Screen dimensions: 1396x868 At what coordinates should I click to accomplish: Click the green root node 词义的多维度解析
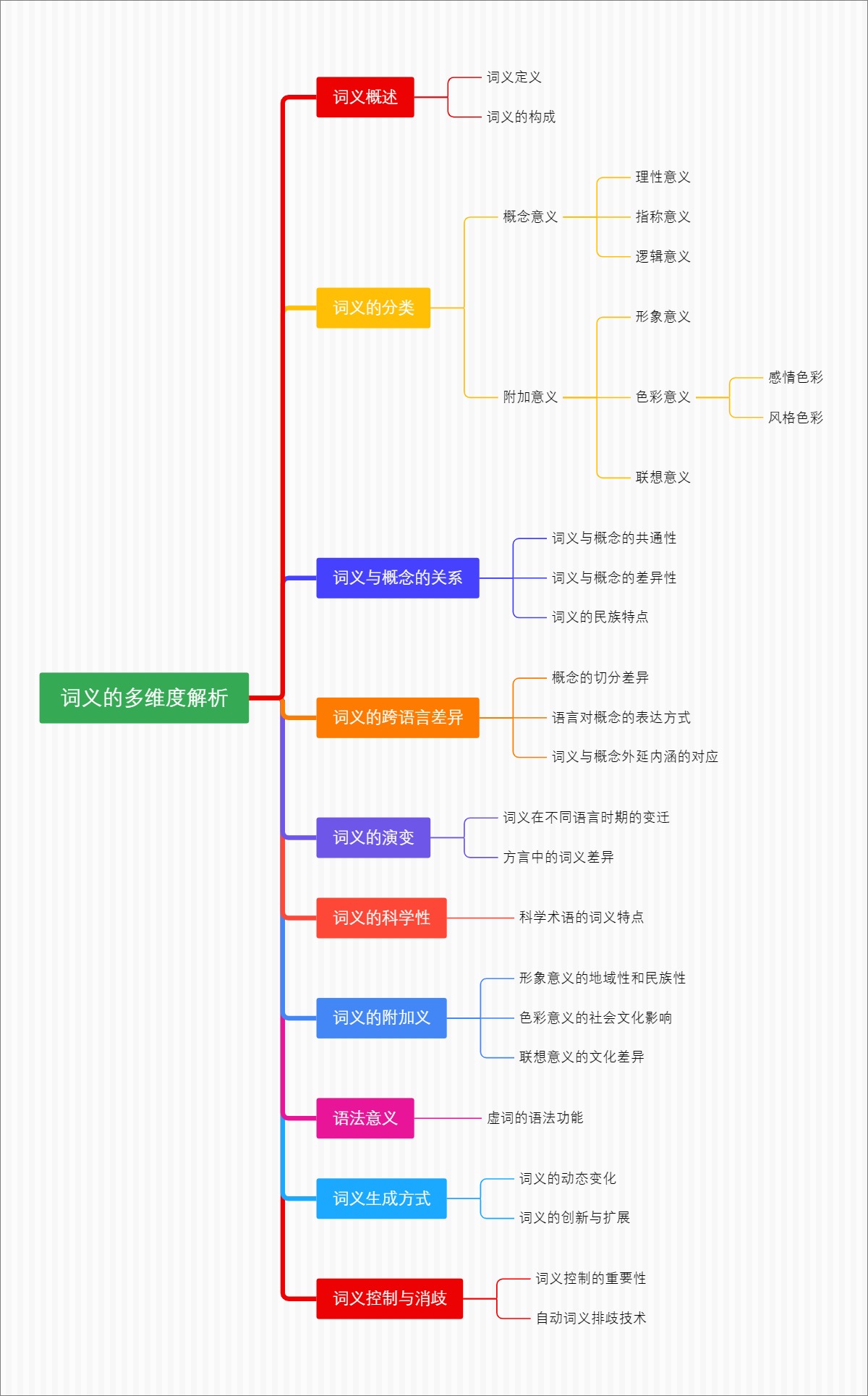(144, 698)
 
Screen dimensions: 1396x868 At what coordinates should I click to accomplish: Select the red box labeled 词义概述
(365, 97)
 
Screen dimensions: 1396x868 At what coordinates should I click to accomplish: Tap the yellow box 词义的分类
(373, 308)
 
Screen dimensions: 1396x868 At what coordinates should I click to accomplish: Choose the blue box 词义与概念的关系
(397, 578)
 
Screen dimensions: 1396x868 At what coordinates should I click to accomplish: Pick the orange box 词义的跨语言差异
(397, 717)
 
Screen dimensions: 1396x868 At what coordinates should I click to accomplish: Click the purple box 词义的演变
(373, 837)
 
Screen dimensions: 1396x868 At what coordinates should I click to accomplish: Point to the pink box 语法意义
(365, 1118)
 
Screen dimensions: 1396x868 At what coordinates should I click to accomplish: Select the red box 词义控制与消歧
(389, 1298)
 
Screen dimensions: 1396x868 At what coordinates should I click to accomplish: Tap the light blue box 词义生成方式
(381, 1198)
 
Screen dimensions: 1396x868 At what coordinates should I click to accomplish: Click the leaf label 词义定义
(514, 77)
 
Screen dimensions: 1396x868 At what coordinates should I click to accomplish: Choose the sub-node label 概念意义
(530, 216)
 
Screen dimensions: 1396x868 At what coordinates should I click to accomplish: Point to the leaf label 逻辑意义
(663, 256)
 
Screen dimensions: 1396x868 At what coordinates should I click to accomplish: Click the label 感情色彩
(795, 377)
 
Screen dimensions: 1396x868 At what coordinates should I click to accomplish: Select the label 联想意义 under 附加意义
(663, 477)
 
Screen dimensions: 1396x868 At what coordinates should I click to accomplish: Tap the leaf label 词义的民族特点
(600, 617)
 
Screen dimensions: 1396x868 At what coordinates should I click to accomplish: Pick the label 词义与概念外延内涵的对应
(634, 756)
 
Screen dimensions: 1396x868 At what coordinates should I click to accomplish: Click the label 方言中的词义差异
(558, 857)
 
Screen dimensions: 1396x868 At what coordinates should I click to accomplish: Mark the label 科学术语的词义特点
(581, 917)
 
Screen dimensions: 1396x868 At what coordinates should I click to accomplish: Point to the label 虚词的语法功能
(535, 1117)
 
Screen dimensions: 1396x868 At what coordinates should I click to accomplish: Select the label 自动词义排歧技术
(590, 1318)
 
